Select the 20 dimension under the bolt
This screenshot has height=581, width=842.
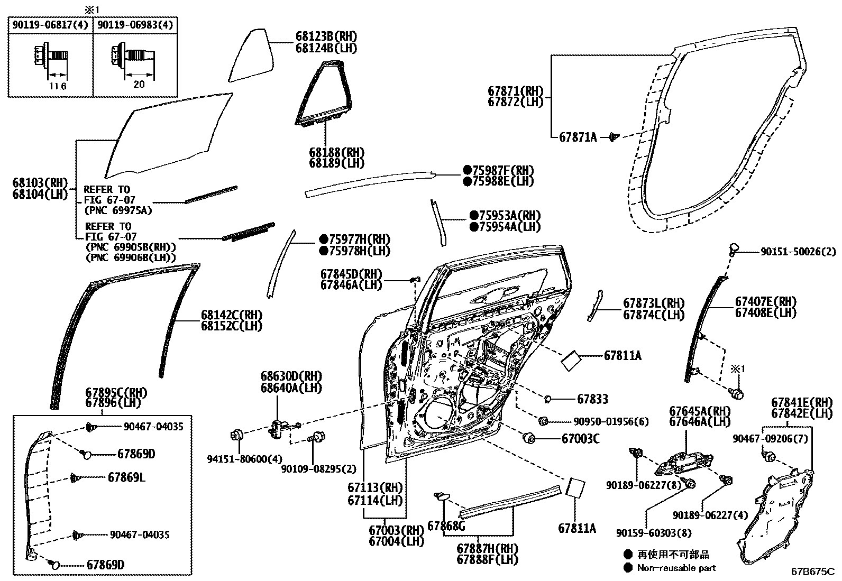pos(139,84)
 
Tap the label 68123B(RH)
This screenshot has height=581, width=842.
pos(326,36)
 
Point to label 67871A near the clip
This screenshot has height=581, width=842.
pos(578,137)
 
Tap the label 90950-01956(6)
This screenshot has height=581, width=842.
pos(611,422)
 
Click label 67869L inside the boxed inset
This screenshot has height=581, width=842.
pos(126,477)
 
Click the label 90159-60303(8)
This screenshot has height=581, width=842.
pos(653,533)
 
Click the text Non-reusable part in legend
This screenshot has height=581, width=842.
pos(676,568)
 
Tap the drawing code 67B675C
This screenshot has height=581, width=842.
pos(812,571)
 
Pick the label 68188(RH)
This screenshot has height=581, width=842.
pos(336,152)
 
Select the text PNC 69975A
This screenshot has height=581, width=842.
pos(117,210)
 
